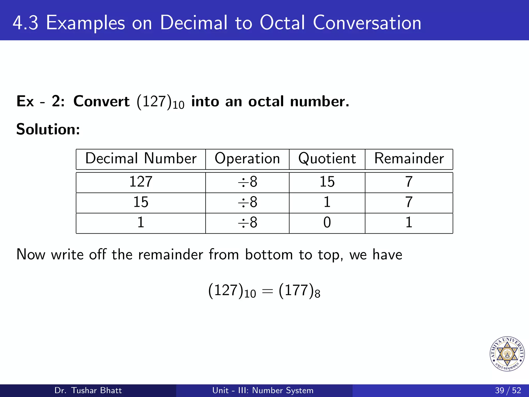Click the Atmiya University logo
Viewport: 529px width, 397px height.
tap(507, 354)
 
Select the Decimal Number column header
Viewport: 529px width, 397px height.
tap(141, 158)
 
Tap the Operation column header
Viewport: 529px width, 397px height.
tap(247, 158)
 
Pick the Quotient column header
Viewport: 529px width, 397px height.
tap(327, 158)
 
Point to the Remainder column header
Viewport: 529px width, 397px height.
tap(409, 158)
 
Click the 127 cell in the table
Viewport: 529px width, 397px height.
tap(141, 182)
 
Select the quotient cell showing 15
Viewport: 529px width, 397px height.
tap(327, 182)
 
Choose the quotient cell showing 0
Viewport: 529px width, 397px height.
tap(327, 223)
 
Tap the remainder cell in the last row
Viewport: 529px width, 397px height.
tap(409, 223)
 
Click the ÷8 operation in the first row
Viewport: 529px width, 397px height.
tap(247, 182)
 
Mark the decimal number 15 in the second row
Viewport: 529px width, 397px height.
tap(141, 202)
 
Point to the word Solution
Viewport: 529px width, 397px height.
tap(48, 129)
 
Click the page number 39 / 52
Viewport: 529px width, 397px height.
tap(508, 390)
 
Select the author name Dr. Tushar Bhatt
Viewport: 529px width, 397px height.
tap(88, 390)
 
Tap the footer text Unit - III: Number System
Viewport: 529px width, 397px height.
tap(263, 390)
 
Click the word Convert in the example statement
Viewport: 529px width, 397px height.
tap(101, 101)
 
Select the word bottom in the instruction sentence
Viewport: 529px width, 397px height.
tap(269, 255)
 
